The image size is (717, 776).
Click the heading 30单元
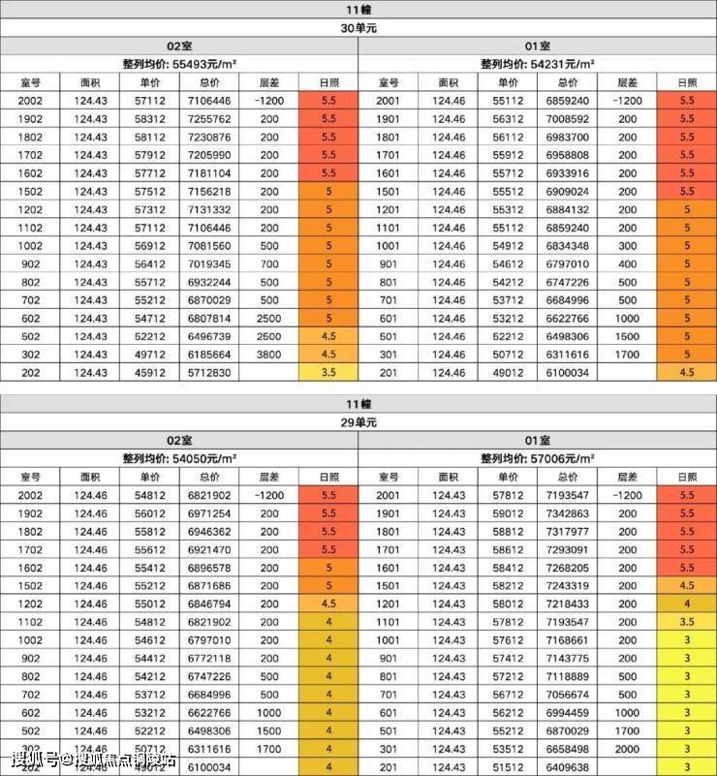(358, 28)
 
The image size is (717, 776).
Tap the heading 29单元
(358, 422)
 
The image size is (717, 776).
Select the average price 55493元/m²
(178, 64)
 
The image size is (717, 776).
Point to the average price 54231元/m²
(537, 64)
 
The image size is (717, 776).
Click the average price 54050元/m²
(178, 458)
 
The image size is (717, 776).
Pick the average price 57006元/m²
(537, 458)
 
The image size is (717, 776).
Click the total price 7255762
(208, 118)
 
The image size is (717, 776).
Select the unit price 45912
(148, 373)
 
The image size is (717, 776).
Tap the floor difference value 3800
(269, 355)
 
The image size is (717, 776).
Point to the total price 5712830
(208, 373)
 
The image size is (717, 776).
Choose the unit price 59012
(507, 513)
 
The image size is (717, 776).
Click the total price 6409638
(567, 767)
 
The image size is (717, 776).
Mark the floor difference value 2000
(627, 749)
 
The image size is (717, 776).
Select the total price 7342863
(567, 513)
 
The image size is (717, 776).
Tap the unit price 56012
(148, 513)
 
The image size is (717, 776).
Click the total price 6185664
(208, 355)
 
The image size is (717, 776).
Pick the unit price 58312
(148, 118)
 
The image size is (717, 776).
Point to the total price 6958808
(567, 155)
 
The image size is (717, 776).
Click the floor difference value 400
(627, 264)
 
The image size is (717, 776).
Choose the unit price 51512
(507, 767)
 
